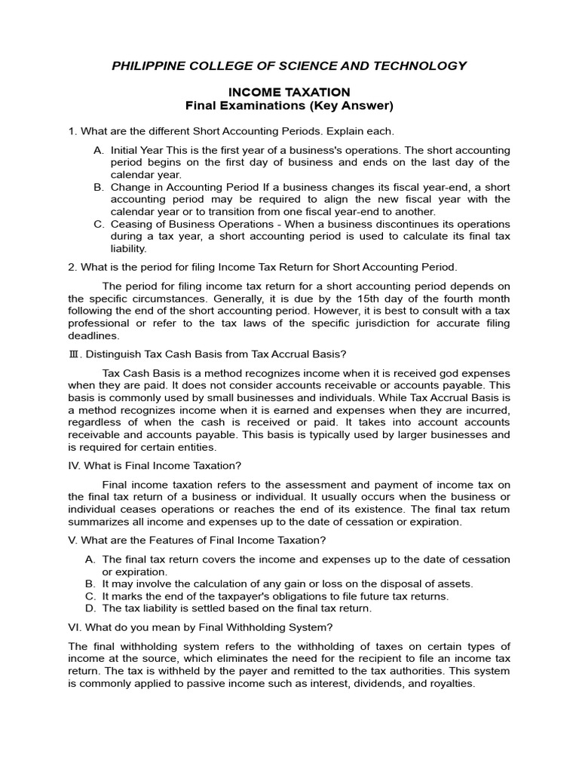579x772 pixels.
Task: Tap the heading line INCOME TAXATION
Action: (289, 92)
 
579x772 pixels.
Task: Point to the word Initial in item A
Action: (124, 150)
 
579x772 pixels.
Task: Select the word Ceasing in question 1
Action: (131, 224)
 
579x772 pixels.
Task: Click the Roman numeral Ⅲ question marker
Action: (73, 355)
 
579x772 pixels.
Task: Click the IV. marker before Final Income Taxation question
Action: (75, 465)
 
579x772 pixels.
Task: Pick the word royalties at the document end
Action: (449, 684)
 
